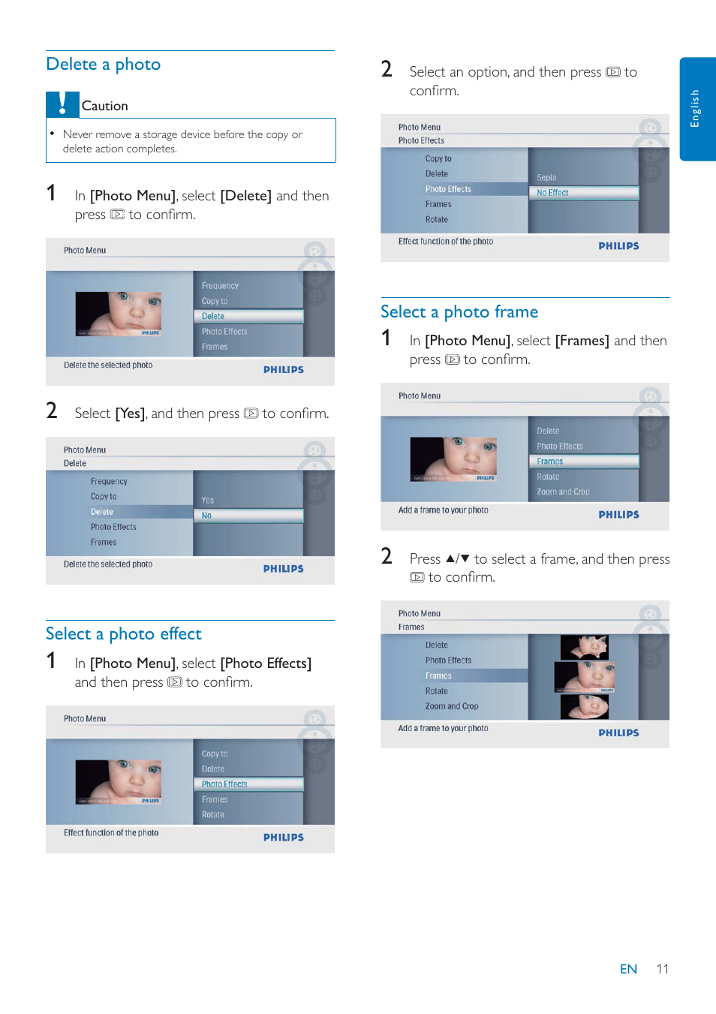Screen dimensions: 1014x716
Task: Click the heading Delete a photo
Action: [x=104, y=65]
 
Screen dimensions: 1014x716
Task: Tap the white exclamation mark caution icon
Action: [x=63, y=104]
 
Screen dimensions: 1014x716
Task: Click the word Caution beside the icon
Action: [x=104, y=106]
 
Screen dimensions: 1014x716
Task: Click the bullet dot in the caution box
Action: [x=53, y=134]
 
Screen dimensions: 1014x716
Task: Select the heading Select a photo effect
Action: [x=124, y=634]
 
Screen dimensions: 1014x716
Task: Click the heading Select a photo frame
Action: [x=459, y=312]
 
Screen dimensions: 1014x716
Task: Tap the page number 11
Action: [x=662, y=969]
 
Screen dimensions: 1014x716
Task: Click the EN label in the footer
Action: [x=628, y=969]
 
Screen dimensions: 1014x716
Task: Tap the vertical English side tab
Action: [x=696, y=109]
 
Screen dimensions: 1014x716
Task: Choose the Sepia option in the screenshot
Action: [x=546, y=178]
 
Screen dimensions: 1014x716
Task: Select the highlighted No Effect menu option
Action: [x=553, y=193]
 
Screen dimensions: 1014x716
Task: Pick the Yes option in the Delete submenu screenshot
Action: [x=208, y=501]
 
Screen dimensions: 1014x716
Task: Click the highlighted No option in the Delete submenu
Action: [x=206, y=516]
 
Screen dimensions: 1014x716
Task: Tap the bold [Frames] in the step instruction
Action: [x=582, y=341]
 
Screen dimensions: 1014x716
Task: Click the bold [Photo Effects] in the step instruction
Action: [x=266, y=663]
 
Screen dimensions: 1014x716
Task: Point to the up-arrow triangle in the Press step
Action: [x=450, y=558]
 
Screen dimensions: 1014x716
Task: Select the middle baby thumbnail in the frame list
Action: [x=585, y=676]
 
